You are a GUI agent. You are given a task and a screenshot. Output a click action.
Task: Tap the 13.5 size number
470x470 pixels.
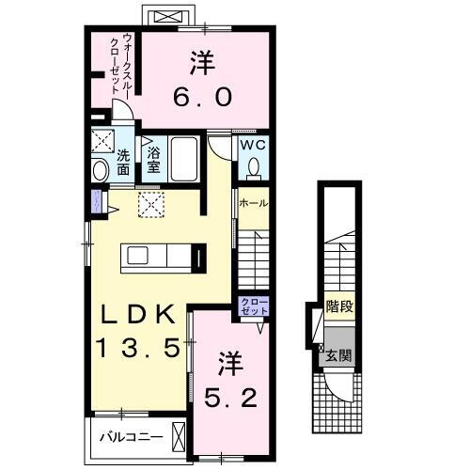[x=136, y=348]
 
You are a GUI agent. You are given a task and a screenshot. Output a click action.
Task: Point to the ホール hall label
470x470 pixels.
[x=253, y=203]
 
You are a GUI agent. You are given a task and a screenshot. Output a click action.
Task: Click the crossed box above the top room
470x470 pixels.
[x=169, y=17]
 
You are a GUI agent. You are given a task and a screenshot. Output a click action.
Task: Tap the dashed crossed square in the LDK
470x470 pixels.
[x=149, y=205]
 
